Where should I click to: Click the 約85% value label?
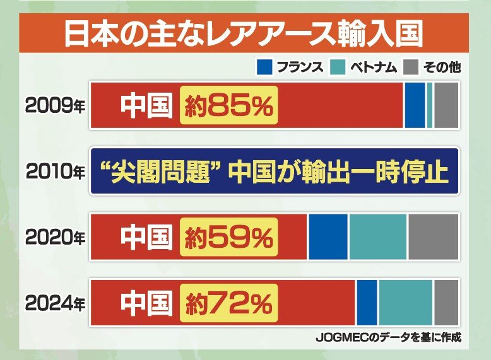(230, 105)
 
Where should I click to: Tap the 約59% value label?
(228, 237)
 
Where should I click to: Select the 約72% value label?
(229, 303)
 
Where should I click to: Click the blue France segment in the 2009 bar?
(415, 105)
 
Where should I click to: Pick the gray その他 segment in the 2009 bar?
(446, 105)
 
